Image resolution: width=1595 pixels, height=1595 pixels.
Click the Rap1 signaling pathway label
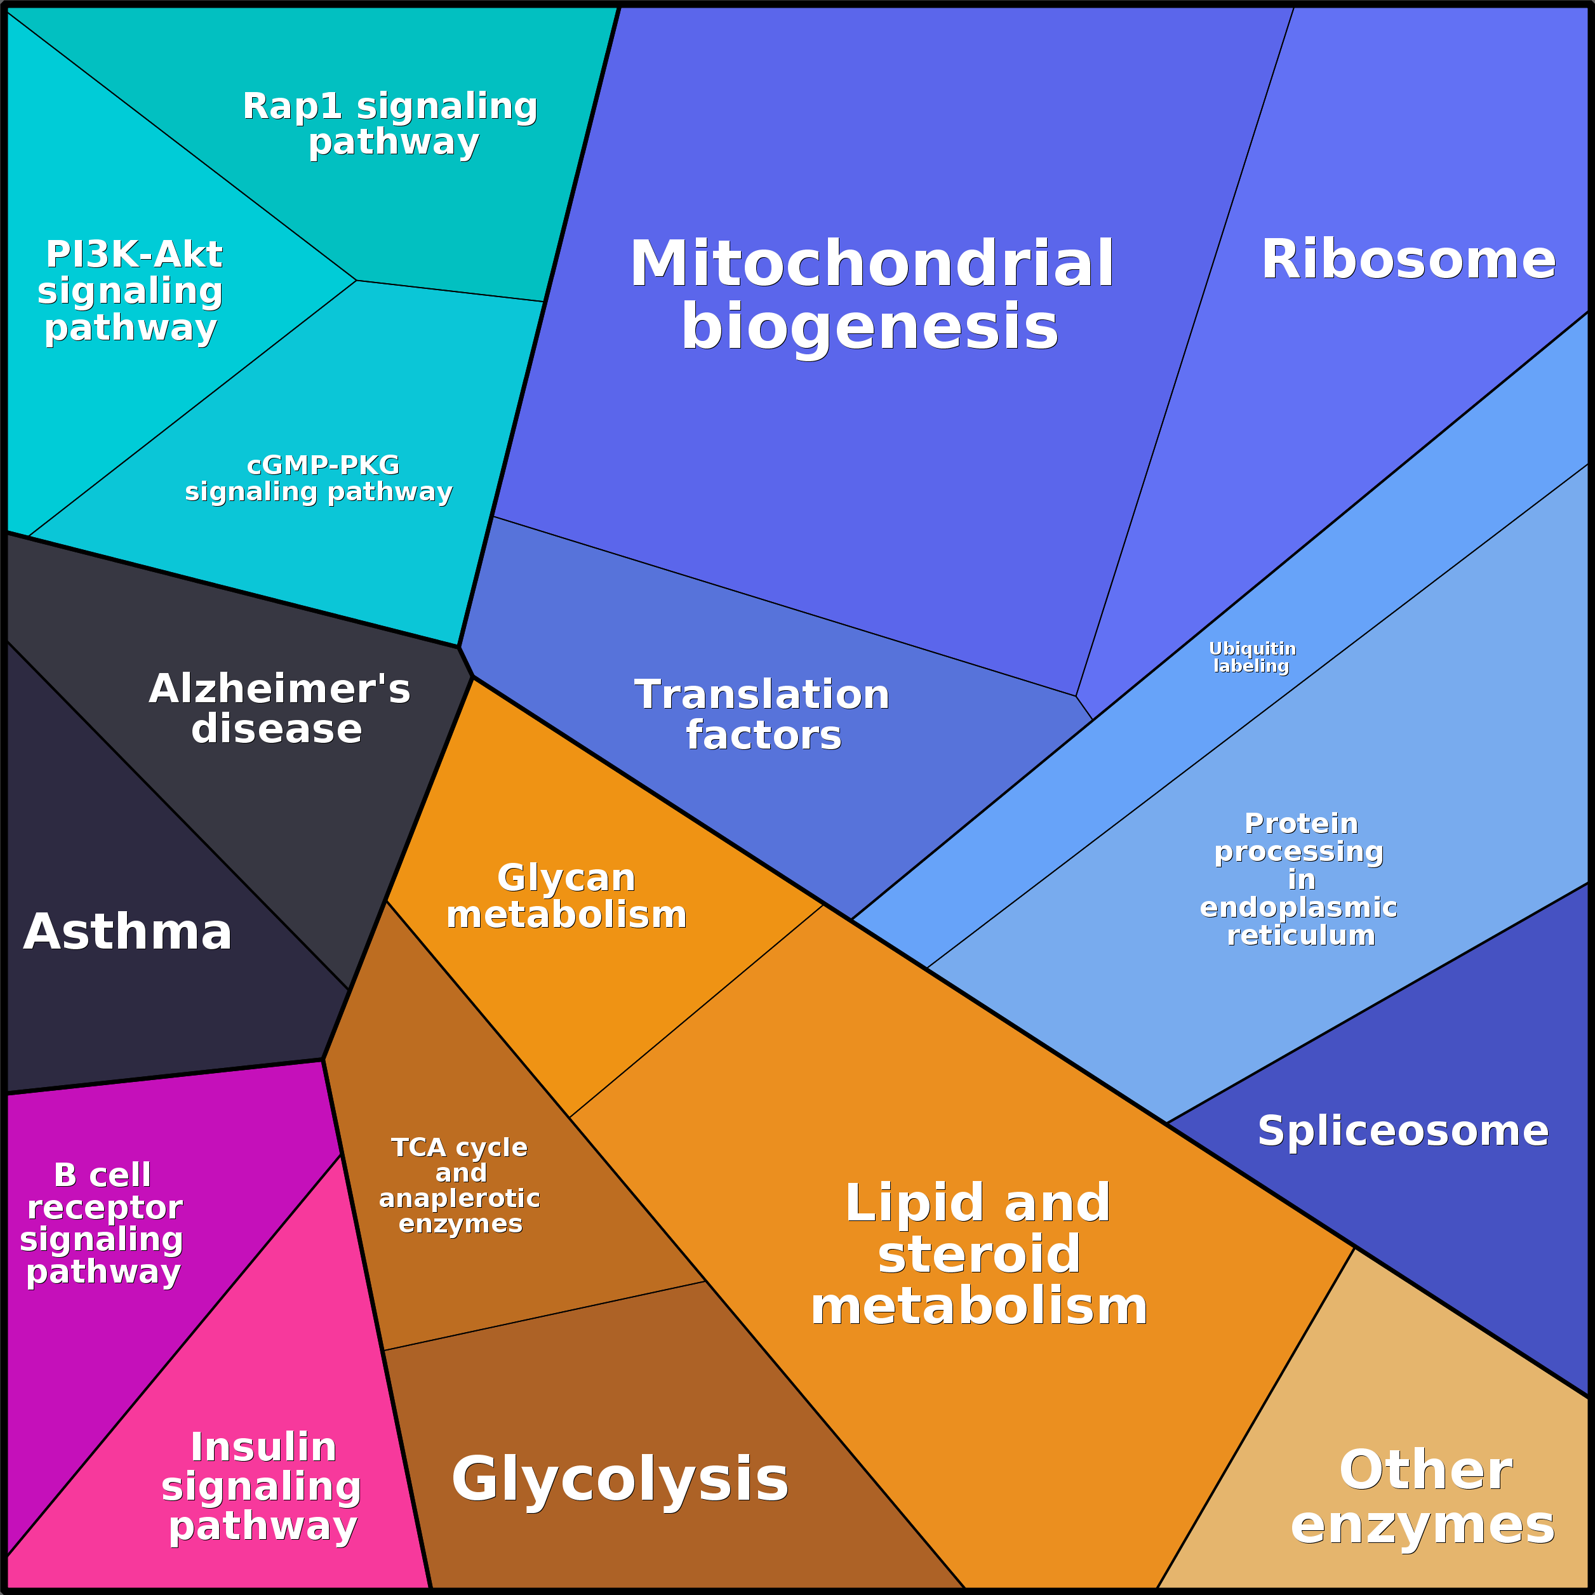[x=390, y=124]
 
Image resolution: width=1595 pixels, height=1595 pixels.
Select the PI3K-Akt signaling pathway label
[x=131, y=291]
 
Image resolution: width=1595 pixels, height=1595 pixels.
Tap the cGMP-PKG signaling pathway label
[x=319, y=478]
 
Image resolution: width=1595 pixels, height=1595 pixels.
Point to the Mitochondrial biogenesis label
[x=872, y=295]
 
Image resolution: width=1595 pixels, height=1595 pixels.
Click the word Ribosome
[x=1408, y=260]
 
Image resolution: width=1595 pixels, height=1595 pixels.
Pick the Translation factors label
[x=762, y=715]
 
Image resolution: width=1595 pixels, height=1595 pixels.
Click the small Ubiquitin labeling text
[x=1252, y=657]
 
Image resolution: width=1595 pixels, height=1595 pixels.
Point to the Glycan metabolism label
[x=566, y=896]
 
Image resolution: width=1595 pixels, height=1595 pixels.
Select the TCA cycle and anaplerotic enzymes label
[x=460, y=1185]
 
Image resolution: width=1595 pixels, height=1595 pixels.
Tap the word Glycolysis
[x=620, y=1480]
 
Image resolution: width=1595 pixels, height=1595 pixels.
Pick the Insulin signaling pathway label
[x=262, y=1487]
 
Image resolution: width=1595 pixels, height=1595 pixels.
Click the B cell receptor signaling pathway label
[x=102, y=1224]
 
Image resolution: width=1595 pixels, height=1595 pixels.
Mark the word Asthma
[x=128, y=932]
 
